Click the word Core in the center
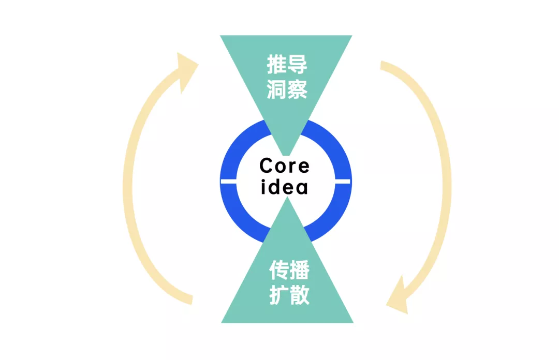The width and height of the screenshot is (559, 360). tap(285, 166)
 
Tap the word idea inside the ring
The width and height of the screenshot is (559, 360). tap(285, 187)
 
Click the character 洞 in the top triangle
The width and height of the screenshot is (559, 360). tap(277, 89)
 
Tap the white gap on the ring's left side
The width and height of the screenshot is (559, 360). tap(228, 181)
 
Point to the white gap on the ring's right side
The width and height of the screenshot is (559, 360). tap(342, 181)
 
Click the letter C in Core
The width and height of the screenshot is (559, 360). tap(266, 166)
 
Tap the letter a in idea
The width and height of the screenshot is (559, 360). tap(302, 187)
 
